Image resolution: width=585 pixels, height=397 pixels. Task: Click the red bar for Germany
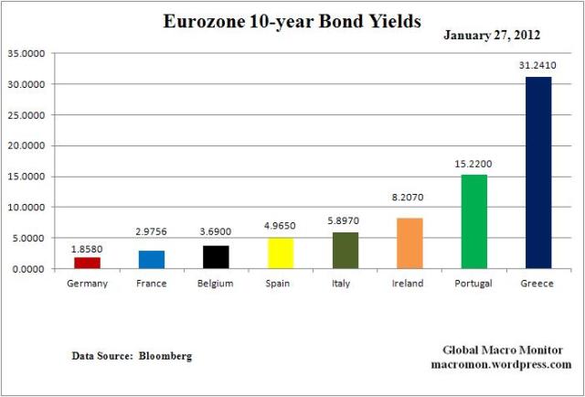[88, 263]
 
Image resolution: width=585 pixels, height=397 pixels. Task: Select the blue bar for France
[151, 259]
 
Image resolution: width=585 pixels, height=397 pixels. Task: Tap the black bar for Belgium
[215, 257]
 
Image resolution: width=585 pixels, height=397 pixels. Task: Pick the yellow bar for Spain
[280, 253]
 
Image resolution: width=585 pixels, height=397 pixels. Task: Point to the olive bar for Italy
[345, 251]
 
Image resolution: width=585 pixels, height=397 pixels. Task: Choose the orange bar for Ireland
[408, 243]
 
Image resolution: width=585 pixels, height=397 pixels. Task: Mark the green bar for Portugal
[473, 221]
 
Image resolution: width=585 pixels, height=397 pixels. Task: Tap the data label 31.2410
[537, 67]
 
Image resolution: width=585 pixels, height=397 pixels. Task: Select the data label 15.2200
[473, 166]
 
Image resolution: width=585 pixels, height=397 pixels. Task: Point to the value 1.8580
[88, 248]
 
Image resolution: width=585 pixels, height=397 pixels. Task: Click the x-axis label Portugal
[473, 284]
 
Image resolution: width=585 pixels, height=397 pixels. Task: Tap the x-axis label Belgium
[215, 284]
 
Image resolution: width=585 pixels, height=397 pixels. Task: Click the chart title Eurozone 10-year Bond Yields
[292, 20]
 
